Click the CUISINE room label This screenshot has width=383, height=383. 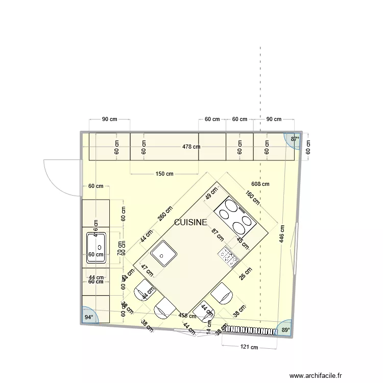point(190,223)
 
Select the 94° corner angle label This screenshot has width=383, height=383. point(89,317)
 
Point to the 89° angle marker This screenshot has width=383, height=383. point(284,330)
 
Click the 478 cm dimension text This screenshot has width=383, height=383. point(191,147)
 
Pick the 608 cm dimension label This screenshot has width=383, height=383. point(260,184)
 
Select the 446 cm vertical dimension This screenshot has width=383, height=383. point(282,233)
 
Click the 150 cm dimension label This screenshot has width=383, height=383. point(164,174)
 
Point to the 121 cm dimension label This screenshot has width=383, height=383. point(249,347)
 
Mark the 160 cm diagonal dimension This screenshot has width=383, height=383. point(252,198)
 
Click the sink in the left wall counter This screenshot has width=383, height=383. point(95,247)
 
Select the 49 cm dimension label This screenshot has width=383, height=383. point(211,195)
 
